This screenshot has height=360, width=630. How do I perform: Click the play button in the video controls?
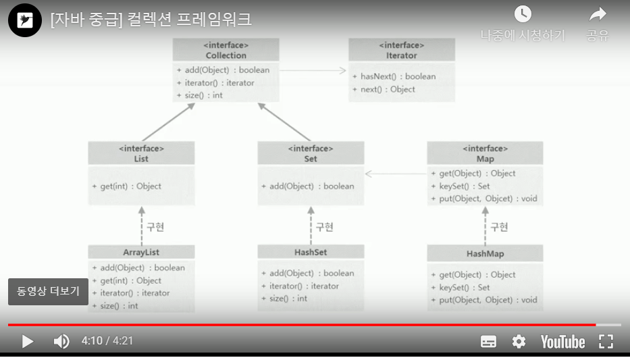coord(28,341)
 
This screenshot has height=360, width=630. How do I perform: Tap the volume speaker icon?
coord(61,341)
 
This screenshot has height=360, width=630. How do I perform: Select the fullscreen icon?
coord(606,341)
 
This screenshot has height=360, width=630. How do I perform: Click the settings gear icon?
coord(519,341)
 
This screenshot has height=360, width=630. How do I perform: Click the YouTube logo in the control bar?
coord(562,341)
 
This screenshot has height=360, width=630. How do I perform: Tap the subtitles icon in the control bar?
coord(488,341)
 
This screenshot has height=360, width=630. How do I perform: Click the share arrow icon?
coord(598,14)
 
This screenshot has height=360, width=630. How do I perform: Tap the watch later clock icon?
coord(523,14)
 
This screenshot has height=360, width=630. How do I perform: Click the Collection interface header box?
coord(226,50)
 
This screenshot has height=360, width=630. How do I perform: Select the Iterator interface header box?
coord(402,50)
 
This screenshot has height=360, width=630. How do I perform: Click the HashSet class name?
coord(311,252)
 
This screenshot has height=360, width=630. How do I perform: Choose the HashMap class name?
coord(485,254)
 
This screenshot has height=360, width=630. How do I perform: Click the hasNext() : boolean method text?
coord(398,76)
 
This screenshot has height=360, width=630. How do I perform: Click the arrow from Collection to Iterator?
coord(313,70)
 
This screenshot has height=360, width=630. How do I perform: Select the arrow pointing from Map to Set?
coord(395,174)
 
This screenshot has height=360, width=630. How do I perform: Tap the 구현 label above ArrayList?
coord(155,227)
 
